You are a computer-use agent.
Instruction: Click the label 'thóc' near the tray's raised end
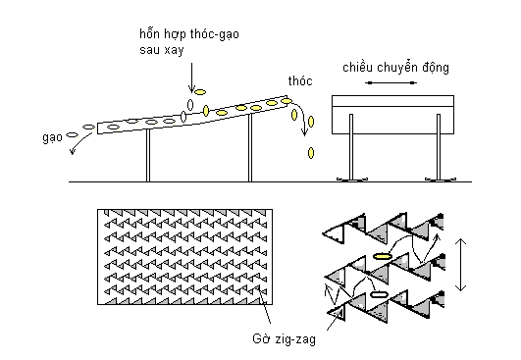tap(300, 81)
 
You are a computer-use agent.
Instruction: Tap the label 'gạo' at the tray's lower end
tap(53, 137)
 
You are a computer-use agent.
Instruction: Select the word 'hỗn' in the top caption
tap(151, 34)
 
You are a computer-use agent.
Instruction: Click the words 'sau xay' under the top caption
tap(162, 50)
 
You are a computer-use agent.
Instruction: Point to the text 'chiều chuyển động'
tap(395, 68)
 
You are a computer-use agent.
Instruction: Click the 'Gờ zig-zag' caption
tap(285, 339)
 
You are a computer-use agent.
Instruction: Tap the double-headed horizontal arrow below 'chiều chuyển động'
tap(391, 82)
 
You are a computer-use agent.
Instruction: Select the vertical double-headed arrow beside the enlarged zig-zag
tap(460, 265)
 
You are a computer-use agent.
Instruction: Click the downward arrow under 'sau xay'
tap(191, 77)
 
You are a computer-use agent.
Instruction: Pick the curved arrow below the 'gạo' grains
tap(79, 143)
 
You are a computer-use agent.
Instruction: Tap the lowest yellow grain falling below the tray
tap(311, 153)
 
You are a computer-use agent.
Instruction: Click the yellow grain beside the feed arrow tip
tap(200, 92)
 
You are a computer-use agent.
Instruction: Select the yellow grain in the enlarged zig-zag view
tap(382, 256)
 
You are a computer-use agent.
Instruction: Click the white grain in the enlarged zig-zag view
tap(379, 294)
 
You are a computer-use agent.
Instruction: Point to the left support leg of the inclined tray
tap(148, 155)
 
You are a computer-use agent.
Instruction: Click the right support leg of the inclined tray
tap(250, 148)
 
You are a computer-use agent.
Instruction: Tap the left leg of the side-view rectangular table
tap(351, 147)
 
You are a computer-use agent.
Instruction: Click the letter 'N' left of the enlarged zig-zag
tap(333, 294)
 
